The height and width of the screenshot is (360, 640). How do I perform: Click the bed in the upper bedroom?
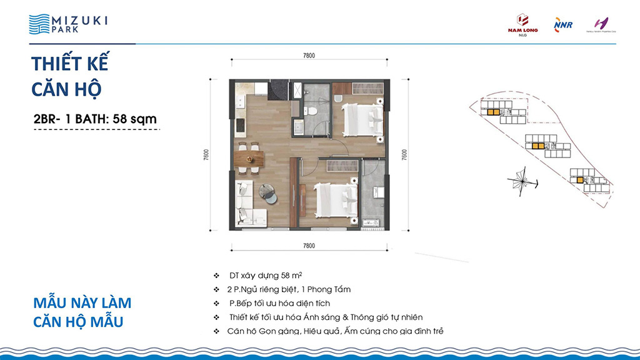pos(361,119)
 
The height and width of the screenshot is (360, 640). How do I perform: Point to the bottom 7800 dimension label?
pos(307,246)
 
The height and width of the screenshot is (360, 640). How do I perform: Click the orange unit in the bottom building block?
pos(581,180)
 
